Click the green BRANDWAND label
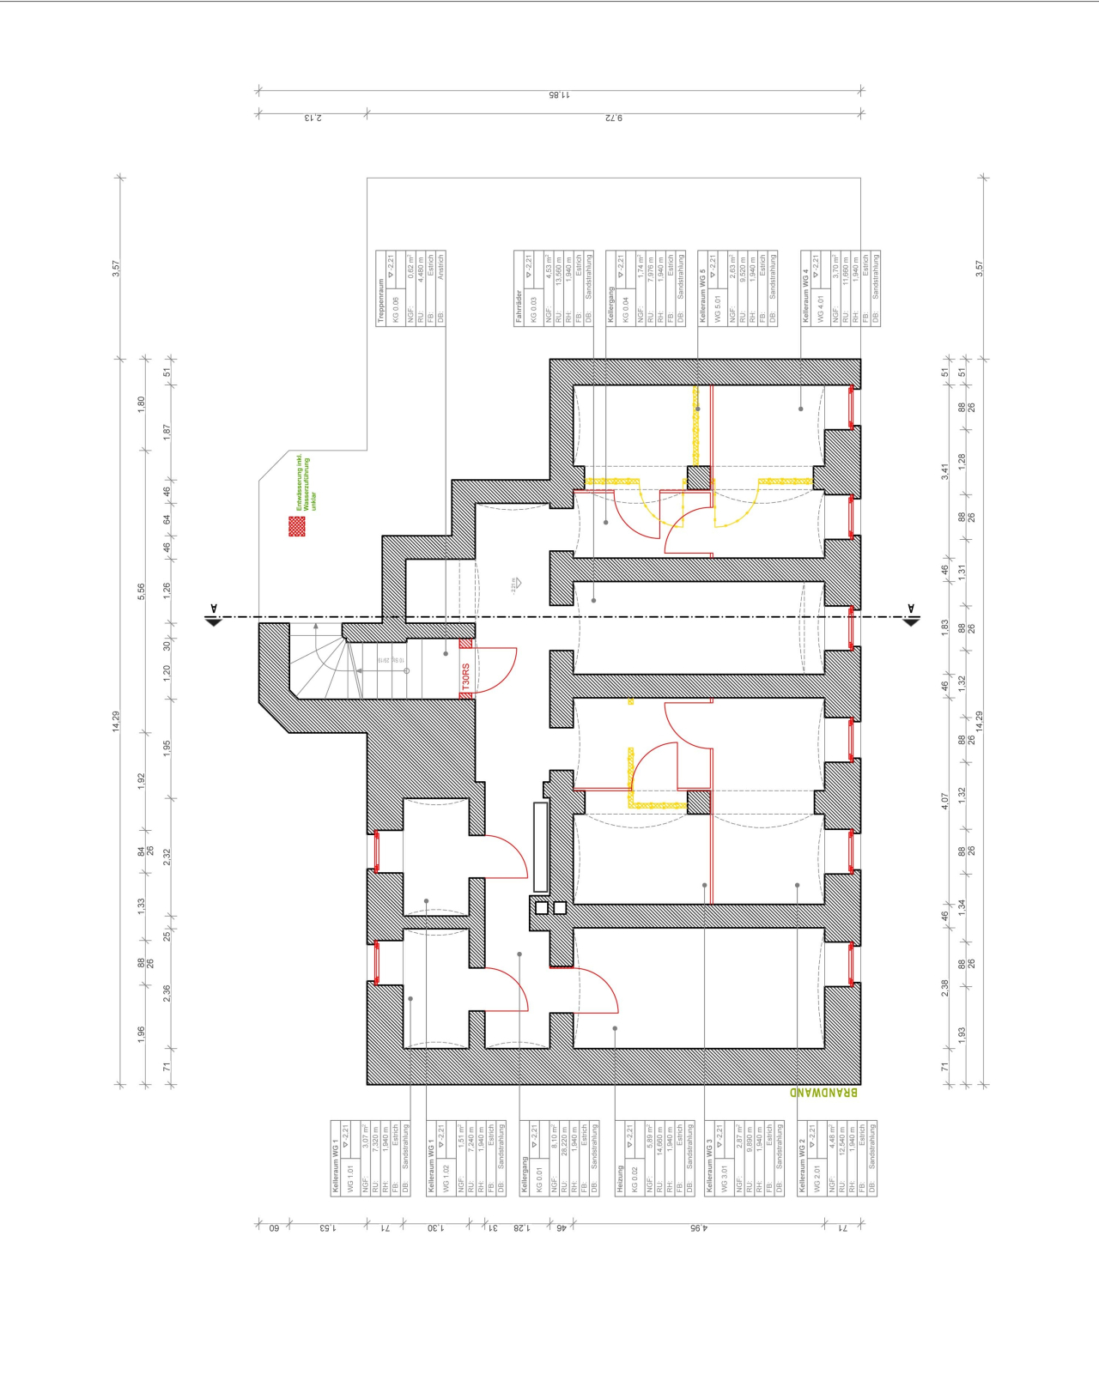[x=823, y=1093]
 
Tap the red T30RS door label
[x=466, y=678]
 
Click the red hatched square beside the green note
[x=296, y=526]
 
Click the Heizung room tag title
[x=621, y=1179]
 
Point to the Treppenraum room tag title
[x=381, y=301]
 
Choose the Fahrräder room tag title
[x=519, y=306]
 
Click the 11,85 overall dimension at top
[x=559, y=94]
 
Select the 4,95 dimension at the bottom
[x=698, y=1228]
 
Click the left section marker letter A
[x=214, y=609]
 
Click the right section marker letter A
[x=911, y=609]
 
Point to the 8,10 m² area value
[x=555, y=1138]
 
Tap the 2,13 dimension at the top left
[x=313, y=118]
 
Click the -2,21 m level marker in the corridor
[x=514, y=585]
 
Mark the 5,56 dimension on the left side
[x=142, y=591]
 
